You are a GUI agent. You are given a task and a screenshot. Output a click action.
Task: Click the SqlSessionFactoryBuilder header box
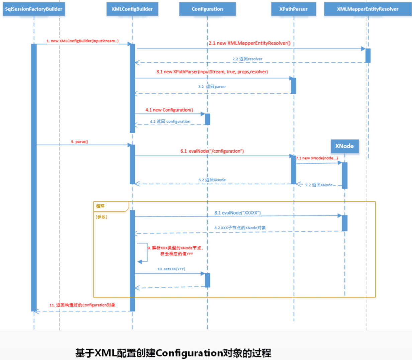[34, 9]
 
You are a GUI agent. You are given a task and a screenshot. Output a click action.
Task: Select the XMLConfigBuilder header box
[132, 9]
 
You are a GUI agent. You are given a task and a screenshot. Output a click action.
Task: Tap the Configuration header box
[207, 9]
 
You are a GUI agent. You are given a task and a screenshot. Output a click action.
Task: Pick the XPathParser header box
[293, 9]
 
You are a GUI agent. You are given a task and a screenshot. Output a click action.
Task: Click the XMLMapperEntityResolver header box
[368, 9]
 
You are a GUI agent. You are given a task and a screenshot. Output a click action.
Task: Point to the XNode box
[344, 146]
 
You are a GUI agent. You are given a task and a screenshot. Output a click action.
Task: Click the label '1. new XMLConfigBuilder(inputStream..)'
[82, 41]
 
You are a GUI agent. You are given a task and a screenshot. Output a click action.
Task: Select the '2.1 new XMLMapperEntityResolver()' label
[249, 43]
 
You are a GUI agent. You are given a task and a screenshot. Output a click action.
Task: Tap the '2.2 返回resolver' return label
[247, 59]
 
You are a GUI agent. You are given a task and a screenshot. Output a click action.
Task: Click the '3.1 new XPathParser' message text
[212, 72]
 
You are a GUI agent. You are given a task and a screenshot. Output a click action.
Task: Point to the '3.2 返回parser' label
[212, 87]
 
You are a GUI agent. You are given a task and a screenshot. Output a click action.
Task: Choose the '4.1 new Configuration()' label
[169, 110]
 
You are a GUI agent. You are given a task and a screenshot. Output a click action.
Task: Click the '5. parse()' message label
[79, 142]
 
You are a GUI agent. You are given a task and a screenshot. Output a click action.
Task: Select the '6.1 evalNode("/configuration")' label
[212, 151]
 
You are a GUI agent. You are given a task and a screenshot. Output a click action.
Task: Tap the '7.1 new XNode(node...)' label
[317, 158]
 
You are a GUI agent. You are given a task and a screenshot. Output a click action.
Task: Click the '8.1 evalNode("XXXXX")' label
[237, 213]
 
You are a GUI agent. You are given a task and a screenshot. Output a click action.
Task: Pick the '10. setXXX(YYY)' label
[171, 269]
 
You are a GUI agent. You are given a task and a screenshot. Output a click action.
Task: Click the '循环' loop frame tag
[101, 206]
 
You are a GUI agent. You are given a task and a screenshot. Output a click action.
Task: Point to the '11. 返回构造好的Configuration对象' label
[82, 305]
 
